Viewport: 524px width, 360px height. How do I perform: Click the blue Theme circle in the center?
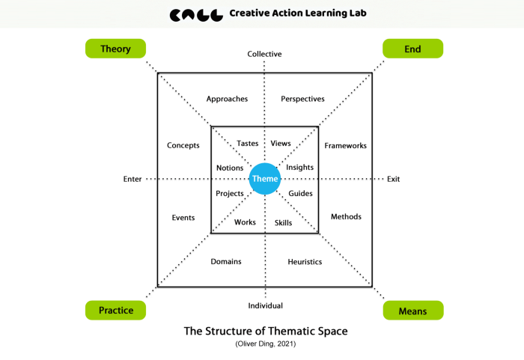click(x=265, y=179)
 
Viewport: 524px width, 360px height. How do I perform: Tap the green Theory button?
click(x=115, y=49)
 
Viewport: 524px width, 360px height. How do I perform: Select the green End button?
click(x=412, y=49)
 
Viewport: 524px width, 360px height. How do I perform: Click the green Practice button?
click(x=115, y=310)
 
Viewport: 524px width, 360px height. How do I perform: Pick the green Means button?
click(x=413, y=310)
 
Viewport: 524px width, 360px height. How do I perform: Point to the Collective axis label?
click(x=265, y=54)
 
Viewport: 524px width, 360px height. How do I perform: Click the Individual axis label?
click(x=265, y=305)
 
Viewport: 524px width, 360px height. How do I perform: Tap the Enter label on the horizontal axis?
click(x=132, y=179)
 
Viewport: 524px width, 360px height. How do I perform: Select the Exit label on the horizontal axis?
click(x=394, y=179)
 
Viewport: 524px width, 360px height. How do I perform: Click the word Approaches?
click(x=227, y=99)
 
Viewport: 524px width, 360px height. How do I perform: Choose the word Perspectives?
click(x=302, y=99)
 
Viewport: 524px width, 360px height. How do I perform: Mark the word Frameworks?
click(x=345, y=146)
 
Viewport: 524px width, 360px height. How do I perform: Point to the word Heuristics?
click(x=305, y=262)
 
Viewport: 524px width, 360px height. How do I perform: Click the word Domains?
click(x=226, y=262)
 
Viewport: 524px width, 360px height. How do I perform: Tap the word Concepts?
click(x=183, y=146)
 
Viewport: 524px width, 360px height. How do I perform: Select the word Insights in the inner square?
click(x=299, y=168)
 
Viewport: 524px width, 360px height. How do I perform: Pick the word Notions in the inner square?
click(x=230, y=168)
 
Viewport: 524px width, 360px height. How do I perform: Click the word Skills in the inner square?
click(x=283, y=223)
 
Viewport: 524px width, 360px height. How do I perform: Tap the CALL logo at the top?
click(x=196, y=14)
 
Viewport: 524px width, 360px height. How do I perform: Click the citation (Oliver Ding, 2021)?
click(x=266, y=344)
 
